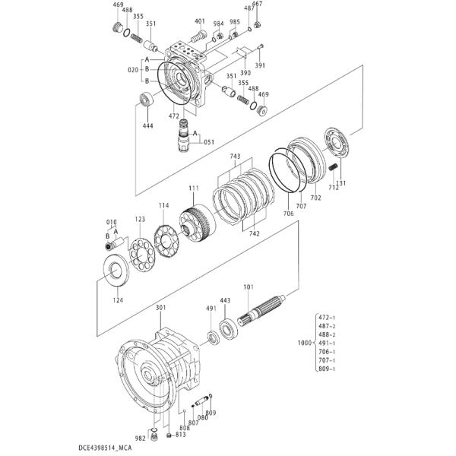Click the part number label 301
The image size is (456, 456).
pos(160,307)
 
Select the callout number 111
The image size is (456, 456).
pos(194,188)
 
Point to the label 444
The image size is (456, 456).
pos(147,126)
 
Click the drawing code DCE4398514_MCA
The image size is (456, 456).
pos(105,448)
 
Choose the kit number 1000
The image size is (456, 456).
pos(304,343)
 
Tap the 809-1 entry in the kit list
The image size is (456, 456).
pos(327,369)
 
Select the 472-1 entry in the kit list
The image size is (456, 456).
pos(327,318)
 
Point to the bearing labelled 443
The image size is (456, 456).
pos(228,328)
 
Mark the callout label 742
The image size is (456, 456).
pos(254,233)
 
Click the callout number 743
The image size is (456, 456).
pos(235,157)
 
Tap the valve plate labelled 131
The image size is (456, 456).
pos(336,143)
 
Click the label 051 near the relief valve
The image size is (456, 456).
pos(209,142)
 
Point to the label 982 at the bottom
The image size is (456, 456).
pos(140,439)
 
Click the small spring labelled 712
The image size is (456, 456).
pos(333,168)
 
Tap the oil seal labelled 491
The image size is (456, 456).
pos(214,338)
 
